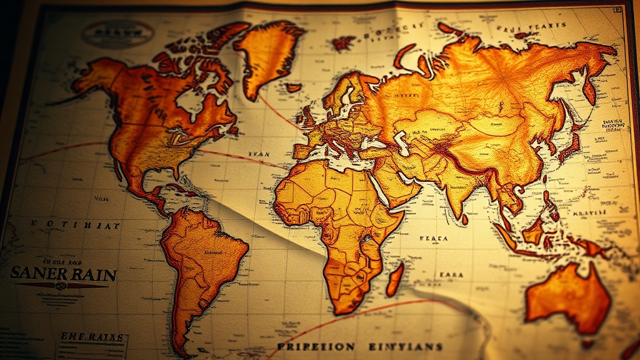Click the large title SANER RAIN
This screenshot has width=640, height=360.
[x=63, y=274]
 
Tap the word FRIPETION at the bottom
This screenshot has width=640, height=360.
[x=316, y=346]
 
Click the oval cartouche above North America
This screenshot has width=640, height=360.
[x=117, y=32]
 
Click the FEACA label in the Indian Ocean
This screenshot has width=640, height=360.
[x=433, y=238]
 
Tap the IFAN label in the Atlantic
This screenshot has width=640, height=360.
[x=258, y=153]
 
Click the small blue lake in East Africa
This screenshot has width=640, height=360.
[x=367, y=239]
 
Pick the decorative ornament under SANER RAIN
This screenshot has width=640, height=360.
[x=61, y=286]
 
